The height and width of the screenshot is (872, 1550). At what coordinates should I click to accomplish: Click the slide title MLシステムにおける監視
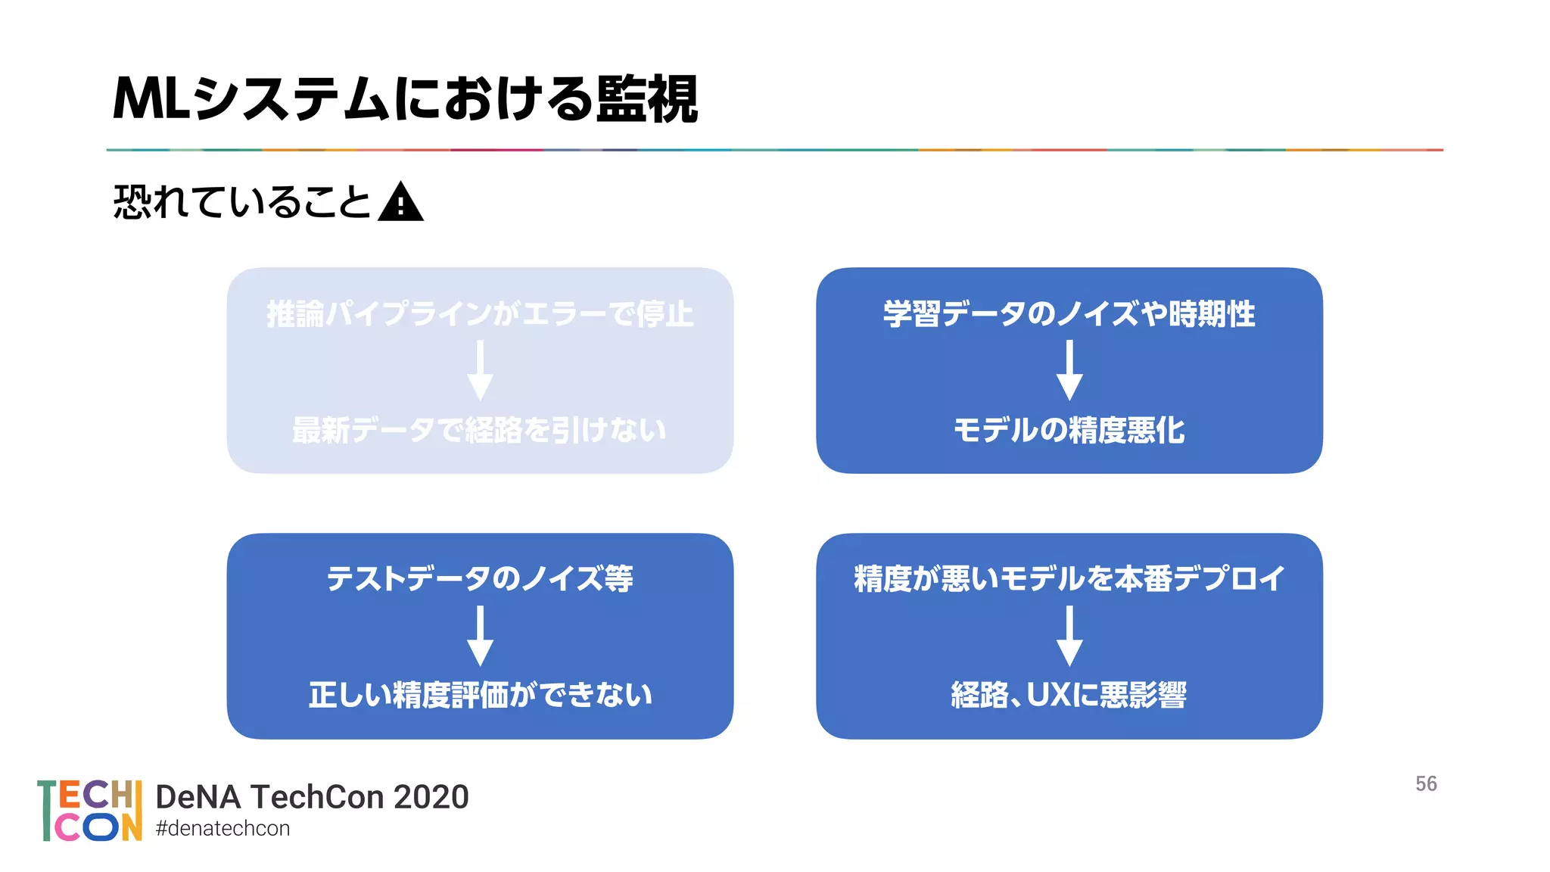[x=405, y=99]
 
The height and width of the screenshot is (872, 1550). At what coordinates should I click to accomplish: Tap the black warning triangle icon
[x=400, y=203]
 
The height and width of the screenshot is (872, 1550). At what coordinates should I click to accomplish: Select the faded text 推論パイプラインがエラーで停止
[x=480, y=314]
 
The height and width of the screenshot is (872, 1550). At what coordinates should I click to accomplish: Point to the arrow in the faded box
[x=480, y=370]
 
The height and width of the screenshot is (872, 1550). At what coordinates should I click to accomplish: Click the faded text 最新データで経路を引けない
[x=480, y=430]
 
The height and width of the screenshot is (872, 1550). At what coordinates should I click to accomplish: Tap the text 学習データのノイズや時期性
[x=1069, y=314]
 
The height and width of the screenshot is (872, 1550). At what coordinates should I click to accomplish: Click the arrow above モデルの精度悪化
[x=1069, y=370]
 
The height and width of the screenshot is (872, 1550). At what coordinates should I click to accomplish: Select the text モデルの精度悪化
[x=1069, y=430]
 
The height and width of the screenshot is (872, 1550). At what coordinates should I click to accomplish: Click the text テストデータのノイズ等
[x=480, y=579]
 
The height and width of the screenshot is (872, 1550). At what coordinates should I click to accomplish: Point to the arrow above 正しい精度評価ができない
[x=480, y=636]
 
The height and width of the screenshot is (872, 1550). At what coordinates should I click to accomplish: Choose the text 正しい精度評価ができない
[x=480, y=695]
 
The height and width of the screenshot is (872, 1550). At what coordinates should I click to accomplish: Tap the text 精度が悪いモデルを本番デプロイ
[x=1069, y=579]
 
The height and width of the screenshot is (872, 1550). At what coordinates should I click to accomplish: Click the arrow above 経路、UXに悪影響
[x=1069, y=636]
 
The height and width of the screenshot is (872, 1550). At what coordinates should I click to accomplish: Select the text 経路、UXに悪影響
[x=1069, y=695]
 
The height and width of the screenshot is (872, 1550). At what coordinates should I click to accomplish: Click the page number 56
[x=1426, y=784]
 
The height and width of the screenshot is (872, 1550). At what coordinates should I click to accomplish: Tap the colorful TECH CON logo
[x=89, y=811]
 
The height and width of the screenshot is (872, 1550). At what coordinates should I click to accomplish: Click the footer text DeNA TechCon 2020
[x=312, y=797]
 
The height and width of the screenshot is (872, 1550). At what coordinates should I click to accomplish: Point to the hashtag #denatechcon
[x=223, y=829]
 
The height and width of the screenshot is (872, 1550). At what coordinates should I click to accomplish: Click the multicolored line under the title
[x=775, y=150]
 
